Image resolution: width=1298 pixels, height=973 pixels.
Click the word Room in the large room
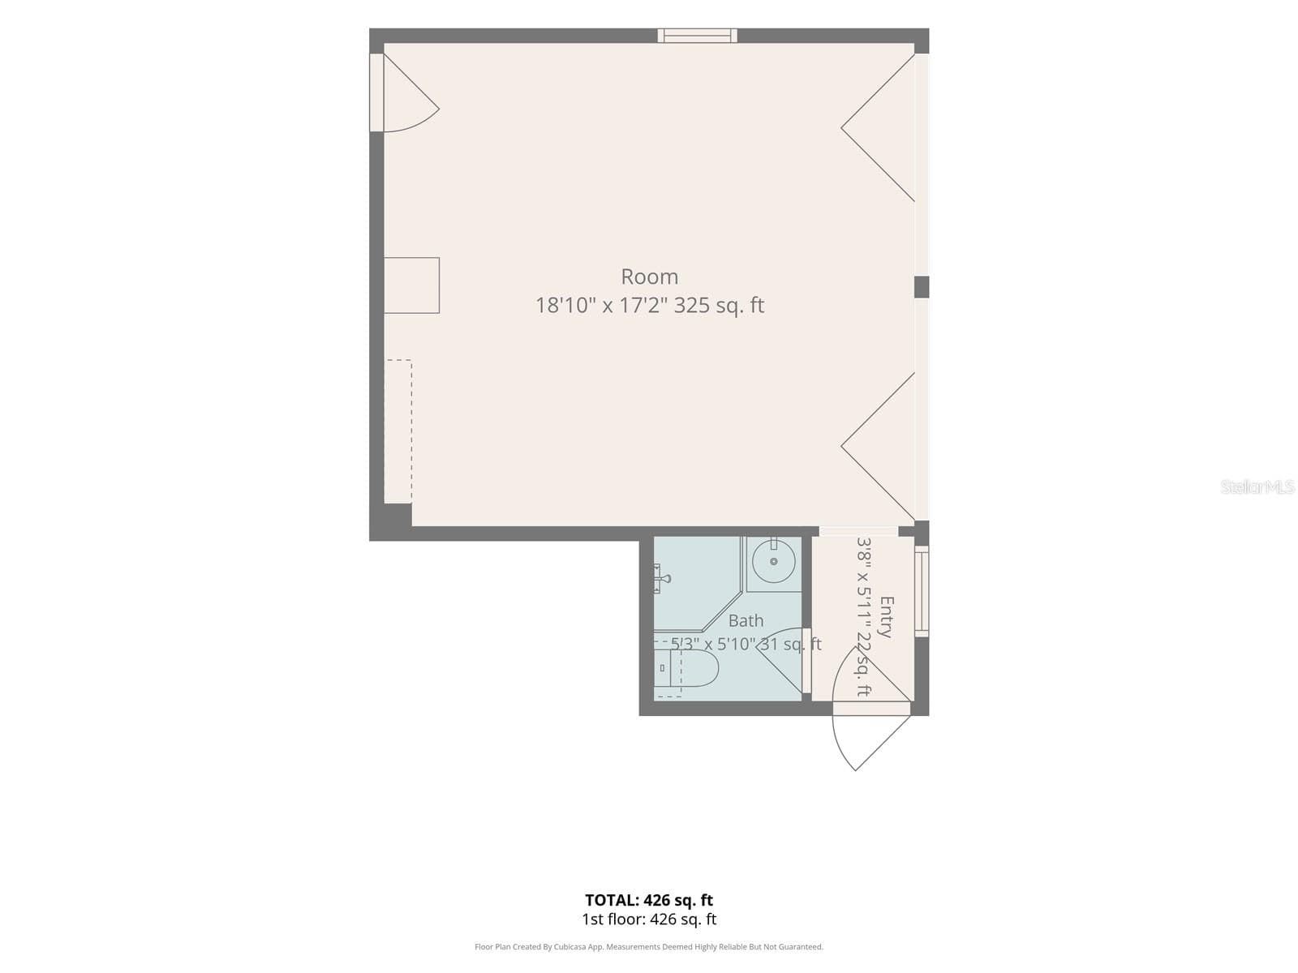tap(649, 276)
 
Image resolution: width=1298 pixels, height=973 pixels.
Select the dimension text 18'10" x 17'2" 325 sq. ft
tap(649, 306)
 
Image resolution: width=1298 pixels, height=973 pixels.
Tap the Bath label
tap(746, 620)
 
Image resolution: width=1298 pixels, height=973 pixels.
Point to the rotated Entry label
tap(886, 617)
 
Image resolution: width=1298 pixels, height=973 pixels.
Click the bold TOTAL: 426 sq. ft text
tap(649, 900)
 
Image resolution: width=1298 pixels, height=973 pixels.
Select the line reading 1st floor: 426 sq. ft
tap(649, 919)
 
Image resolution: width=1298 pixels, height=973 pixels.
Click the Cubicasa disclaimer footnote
tap(649, 947)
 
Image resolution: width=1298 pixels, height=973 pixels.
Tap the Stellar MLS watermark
tap(1257, 486)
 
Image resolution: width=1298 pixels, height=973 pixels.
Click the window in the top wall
tap(697, 36)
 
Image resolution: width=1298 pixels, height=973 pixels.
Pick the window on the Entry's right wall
tap(922, 591)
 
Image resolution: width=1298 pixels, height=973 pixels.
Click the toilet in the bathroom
tap(686, 668)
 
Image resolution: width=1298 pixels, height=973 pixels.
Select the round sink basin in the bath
tap(773, 561)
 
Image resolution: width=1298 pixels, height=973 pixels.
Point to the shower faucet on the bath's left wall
tap(661, 578)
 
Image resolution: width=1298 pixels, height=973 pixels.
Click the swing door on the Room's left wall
tap(405, 92)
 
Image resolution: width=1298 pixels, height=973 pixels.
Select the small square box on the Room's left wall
tap(411, 285)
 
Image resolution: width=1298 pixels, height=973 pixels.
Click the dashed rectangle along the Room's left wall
tap(398, 431)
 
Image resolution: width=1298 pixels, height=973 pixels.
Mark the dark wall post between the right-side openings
tap(922, 287)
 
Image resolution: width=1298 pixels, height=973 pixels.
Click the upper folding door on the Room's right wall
tap(878, 127)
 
